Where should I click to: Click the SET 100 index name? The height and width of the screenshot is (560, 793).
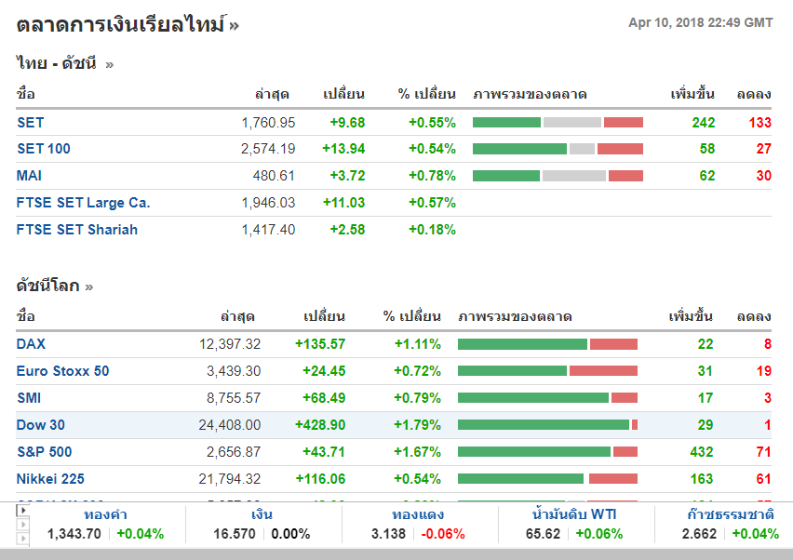tap(44, 149)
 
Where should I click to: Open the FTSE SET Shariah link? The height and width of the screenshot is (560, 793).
tap(77, 230)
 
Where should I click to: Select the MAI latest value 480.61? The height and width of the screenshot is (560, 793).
tap(274, 176)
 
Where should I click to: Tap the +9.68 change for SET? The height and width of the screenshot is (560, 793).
tap(347, 123)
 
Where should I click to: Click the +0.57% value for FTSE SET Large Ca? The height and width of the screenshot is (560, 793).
tap(432, 203)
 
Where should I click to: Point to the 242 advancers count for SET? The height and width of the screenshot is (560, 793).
tap(703, 123)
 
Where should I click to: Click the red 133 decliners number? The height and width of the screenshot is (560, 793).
tap(760, 123)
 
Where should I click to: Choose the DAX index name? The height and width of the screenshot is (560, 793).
tap(31, 344)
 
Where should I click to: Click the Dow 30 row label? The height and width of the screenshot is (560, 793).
tap(41, 425)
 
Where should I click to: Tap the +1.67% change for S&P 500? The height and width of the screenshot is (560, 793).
tap(418, 452)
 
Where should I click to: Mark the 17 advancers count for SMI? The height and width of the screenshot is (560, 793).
tap(706, 398)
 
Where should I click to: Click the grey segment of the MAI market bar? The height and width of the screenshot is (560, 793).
tap(573, 176)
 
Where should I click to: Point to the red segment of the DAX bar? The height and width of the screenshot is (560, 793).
tap(613, 344)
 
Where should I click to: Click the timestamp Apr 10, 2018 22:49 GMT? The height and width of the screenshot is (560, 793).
tap(701, 22)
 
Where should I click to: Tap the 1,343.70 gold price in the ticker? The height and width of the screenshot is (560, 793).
tap(74, 534)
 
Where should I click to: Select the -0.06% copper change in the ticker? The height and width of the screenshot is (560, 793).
tap(443, 534)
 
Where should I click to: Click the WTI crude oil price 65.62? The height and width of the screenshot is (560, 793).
tap(543, 534)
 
